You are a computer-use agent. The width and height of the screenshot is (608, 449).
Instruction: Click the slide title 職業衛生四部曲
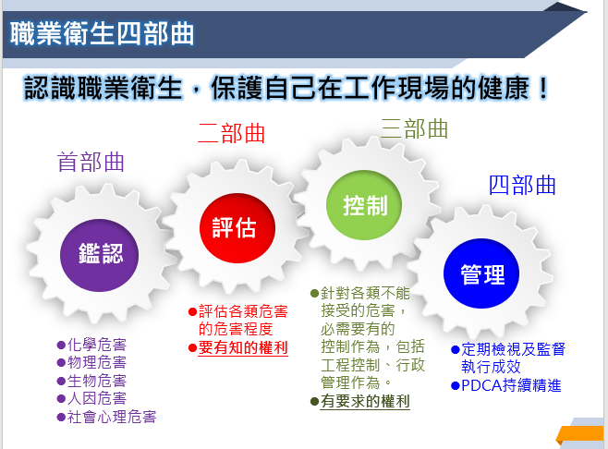pyautogui.click(x=102, y=34)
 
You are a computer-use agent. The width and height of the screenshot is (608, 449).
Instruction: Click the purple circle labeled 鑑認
pyautogui.click(x=99, y=255)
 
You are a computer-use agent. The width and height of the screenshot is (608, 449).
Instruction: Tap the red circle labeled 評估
pyautogui.click(x=237, y=228)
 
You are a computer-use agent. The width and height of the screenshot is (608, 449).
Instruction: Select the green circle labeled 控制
pyautogui.click(x=364, y=205)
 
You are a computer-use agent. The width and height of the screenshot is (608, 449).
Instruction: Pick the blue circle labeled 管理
pyautogui.click(x=481, y=273)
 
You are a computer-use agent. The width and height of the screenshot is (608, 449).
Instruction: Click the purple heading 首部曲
pyautogui.click(x=91, y=162)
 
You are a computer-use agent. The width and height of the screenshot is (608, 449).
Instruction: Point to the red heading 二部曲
pyautogui.click(x=232, y=133)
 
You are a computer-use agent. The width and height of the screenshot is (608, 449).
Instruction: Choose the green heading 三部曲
pyautogui.click(x=414, y=128)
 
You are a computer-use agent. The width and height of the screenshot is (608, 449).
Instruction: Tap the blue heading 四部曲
pyautogui.click(x=522, y=185)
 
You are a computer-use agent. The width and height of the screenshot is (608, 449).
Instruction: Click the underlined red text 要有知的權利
pyautogui.click(x=243, y=347)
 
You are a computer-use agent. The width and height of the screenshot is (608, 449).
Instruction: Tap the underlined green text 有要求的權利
pyautogui.click(x=365, y=401)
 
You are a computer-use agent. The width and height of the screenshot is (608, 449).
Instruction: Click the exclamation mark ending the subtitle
pyautogui.click(x=543, y=89)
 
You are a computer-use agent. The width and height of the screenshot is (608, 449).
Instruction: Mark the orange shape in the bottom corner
pyautogui.click(x=580, y=435)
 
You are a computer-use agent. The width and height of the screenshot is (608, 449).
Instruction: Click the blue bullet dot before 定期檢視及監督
pyautogui.click(x=456, y=350)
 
